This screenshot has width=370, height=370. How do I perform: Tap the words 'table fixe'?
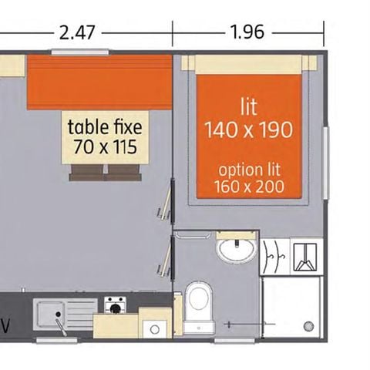coord(105,126)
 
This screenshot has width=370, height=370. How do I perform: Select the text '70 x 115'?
coord(105,146)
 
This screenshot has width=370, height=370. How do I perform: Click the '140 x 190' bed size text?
coord(248,129)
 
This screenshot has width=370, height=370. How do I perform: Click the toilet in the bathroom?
coord(199,298)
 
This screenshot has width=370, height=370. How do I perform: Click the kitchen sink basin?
coord(52,313)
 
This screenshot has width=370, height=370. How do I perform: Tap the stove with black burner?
coord(116,308)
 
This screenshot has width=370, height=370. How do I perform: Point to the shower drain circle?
coord(311,326)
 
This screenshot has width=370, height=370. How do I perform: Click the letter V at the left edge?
coord(6,322)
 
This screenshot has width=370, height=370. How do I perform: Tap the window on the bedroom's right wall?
coord(326,157)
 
